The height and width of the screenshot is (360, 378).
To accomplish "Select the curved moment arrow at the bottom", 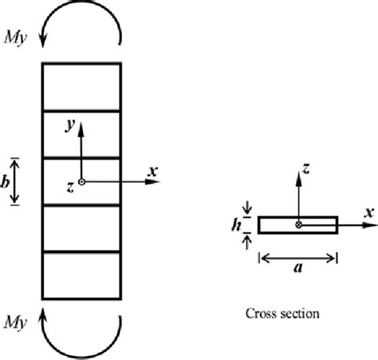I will pyautogui.click(x=81, y=341).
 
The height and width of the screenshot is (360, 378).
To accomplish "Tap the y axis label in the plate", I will pyautogui.click(x=71, y=125).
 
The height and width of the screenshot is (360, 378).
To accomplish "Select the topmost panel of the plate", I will pyautogui.click(x=81, y=87).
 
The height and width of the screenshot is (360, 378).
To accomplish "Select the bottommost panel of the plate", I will pyautogui.click(x=81, y=275).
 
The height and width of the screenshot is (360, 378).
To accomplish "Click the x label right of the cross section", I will pyautogui.click(x=369, y=212).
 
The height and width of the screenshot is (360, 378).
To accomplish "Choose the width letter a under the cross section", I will pyautogui.click(x=298, y=268).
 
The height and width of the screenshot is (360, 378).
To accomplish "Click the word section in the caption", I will pyautogui.click(x=302, y=314).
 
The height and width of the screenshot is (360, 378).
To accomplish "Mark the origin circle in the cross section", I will pyautogui.click(x=299, y=225).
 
